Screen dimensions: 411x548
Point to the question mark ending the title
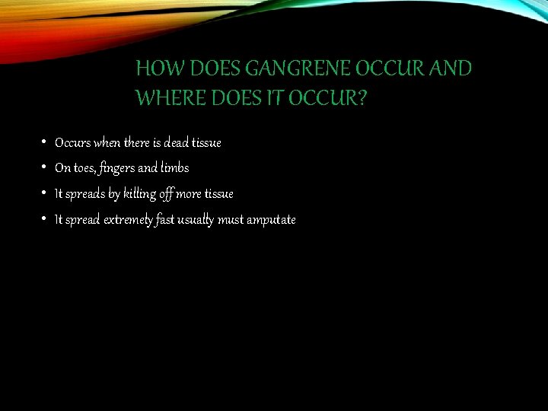click(x=360, y=98)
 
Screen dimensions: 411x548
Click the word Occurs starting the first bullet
click(x=72, y=142)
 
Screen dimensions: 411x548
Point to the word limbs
click(x=174, y=168)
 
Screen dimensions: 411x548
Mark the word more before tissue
click(x=189, y=194)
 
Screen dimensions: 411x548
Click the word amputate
click(x=269, y=220)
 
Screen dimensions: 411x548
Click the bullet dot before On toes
click(x=46, y=167)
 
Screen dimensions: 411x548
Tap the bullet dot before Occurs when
click(x=46, y=142)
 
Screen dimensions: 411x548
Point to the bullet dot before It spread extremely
click(x=46, y=219)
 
